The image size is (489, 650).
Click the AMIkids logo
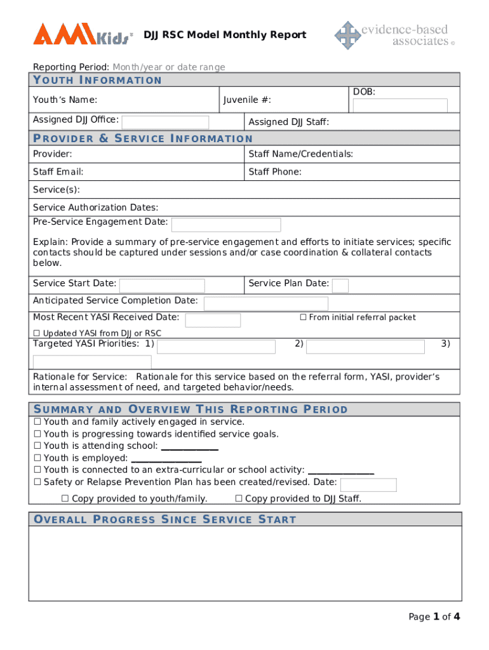point(83,34)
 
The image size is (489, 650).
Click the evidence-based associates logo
point(394,35)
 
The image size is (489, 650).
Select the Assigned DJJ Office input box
point(165,123)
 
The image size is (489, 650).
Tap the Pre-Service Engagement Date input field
point(226,225)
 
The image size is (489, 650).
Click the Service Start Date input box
point(162,286)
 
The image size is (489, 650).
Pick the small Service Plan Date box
point(340,286)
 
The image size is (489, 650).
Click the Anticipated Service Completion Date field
point(265,303)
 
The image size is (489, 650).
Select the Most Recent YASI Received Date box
point(213,320)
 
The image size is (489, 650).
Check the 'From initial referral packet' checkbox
point(303,317)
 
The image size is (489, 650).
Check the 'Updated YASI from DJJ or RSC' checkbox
point(36,333)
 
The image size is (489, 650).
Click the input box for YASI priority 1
point(216,347)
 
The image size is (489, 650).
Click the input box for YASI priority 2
point(365,347)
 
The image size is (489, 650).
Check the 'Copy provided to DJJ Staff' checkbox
point(239,499)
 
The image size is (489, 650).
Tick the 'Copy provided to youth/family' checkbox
point(65,499)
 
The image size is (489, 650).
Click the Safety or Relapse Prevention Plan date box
point(368,485)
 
